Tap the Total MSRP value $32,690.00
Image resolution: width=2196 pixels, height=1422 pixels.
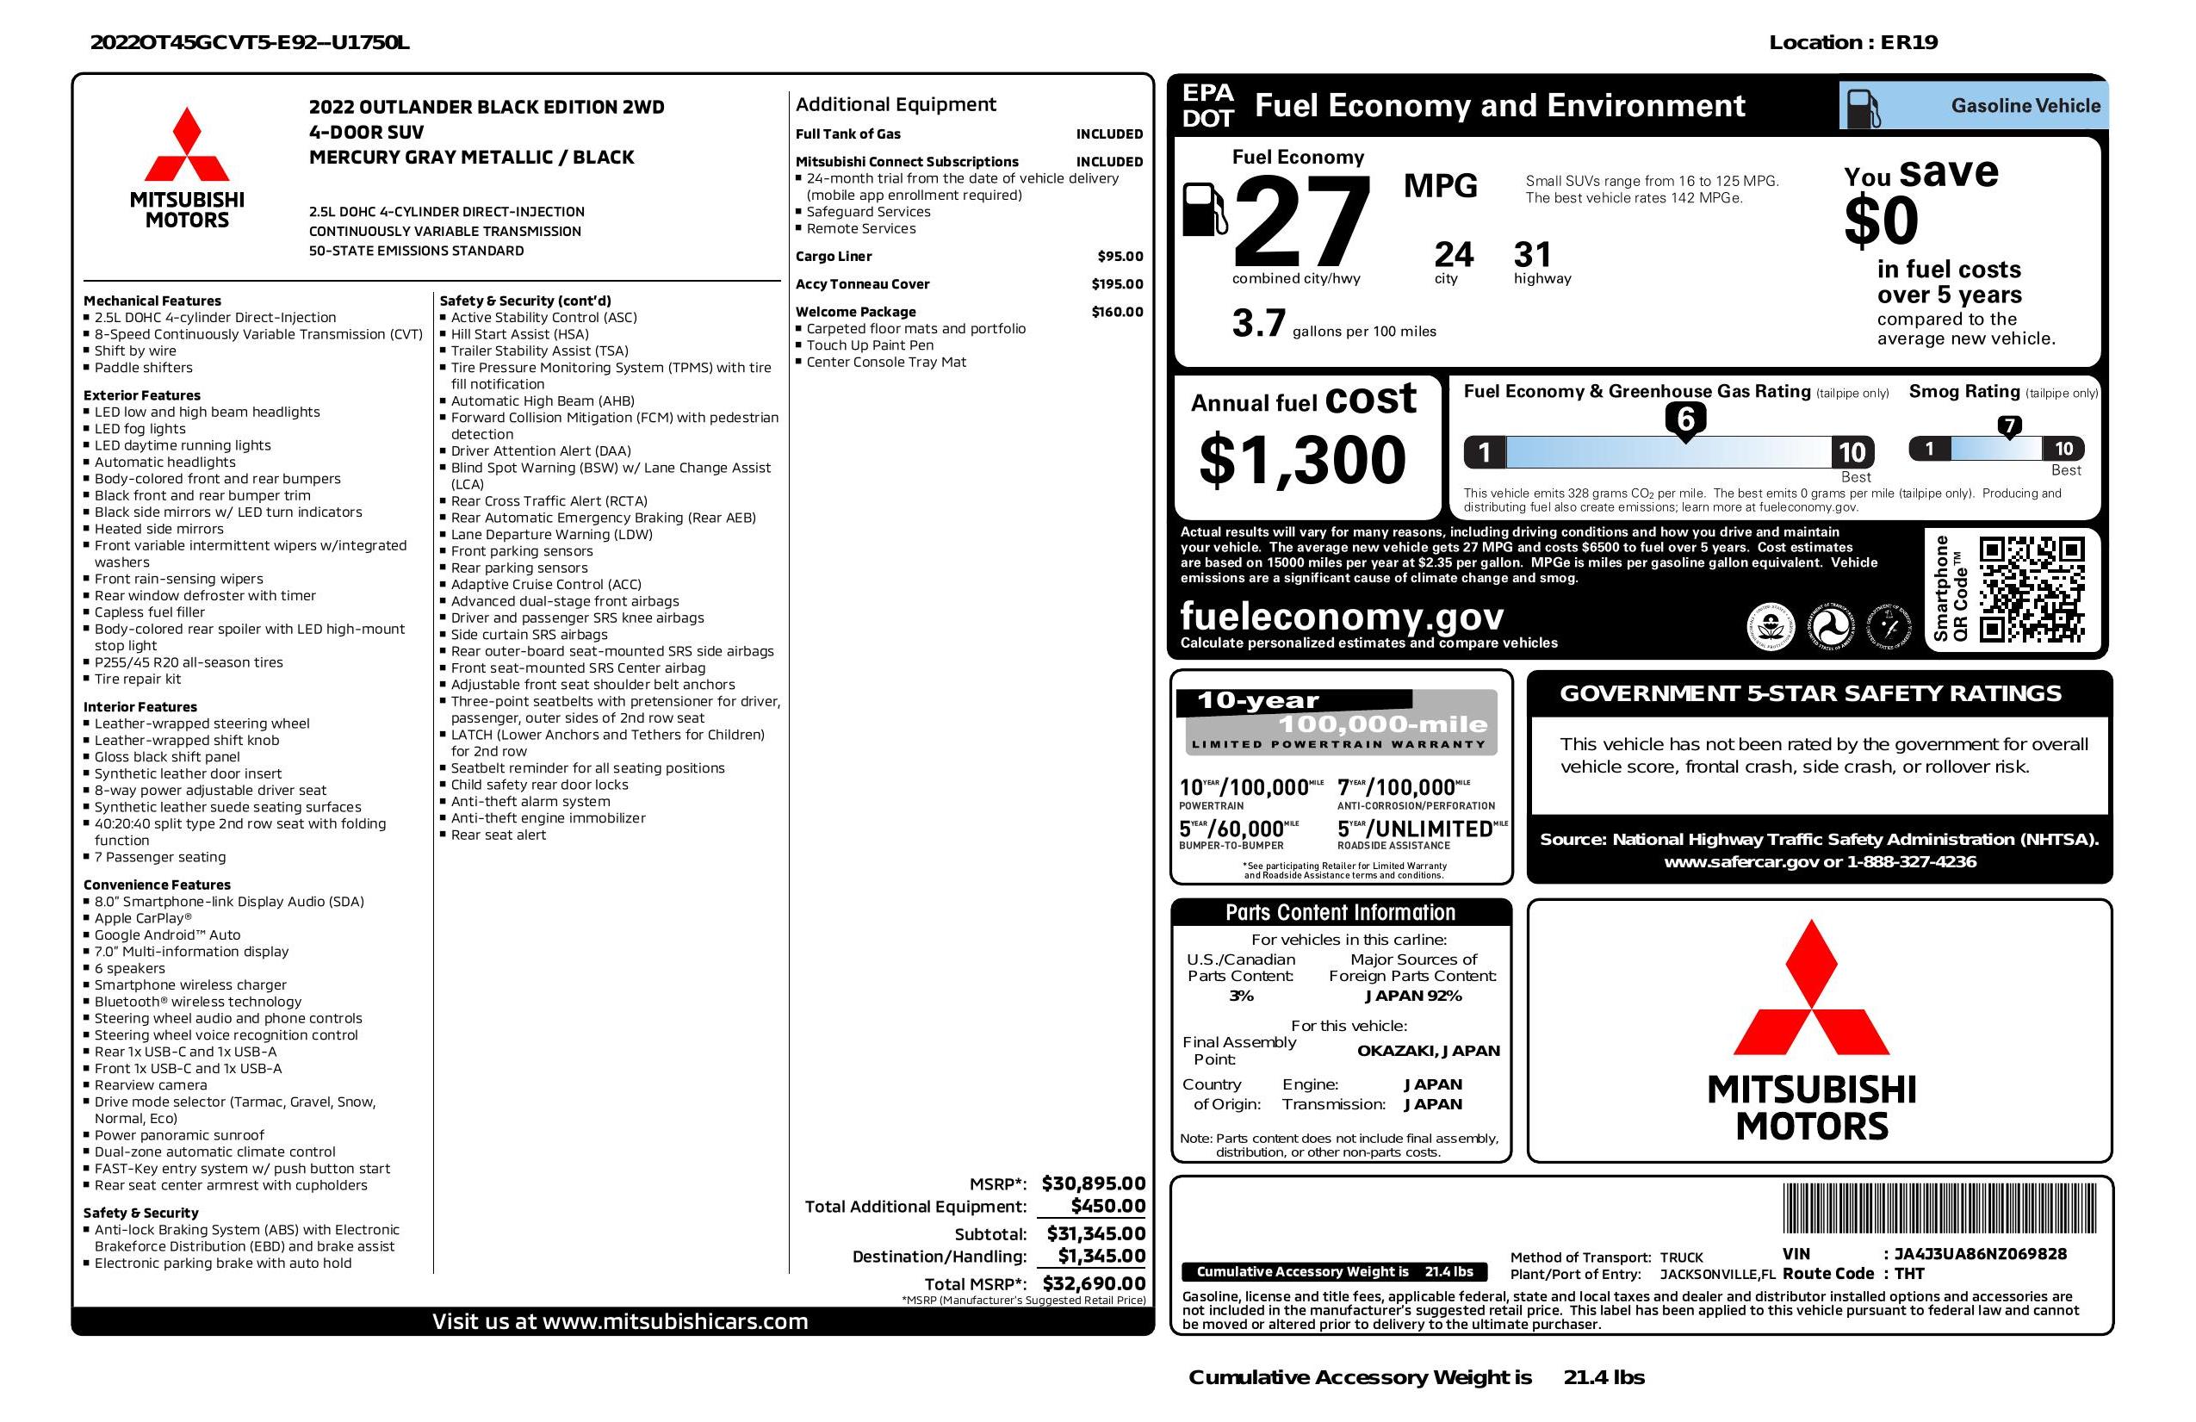(1094, 1282)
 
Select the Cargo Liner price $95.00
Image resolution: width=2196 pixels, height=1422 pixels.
(1120, 257)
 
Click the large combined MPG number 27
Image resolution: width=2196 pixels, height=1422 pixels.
(1301, 222)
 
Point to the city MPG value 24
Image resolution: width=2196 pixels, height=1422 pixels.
(1454, 255)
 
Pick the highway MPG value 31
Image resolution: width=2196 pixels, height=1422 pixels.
(1533, 255)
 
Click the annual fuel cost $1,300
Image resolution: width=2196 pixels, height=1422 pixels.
(1302, 460)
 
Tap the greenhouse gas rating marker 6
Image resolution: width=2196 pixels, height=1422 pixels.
(1684, 419)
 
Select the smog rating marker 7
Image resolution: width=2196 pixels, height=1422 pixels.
(2008, 426)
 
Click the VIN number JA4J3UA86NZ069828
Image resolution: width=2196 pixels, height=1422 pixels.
(1980, 1254)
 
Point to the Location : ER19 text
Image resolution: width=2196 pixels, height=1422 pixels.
(1852, 42)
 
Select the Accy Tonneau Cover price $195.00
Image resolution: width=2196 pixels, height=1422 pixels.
(1116, 284)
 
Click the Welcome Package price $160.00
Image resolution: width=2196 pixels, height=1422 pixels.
(1116, 312)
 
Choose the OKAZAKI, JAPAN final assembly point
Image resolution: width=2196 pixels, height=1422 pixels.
(1428, 1050)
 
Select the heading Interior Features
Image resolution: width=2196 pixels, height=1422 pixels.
(141, 707)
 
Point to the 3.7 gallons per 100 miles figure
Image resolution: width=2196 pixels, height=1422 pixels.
(1258, 324)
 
